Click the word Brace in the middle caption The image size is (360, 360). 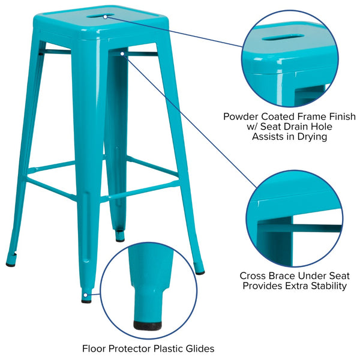280,276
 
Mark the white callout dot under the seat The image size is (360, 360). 122,54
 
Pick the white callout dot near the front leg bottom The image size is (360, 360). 86,295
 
